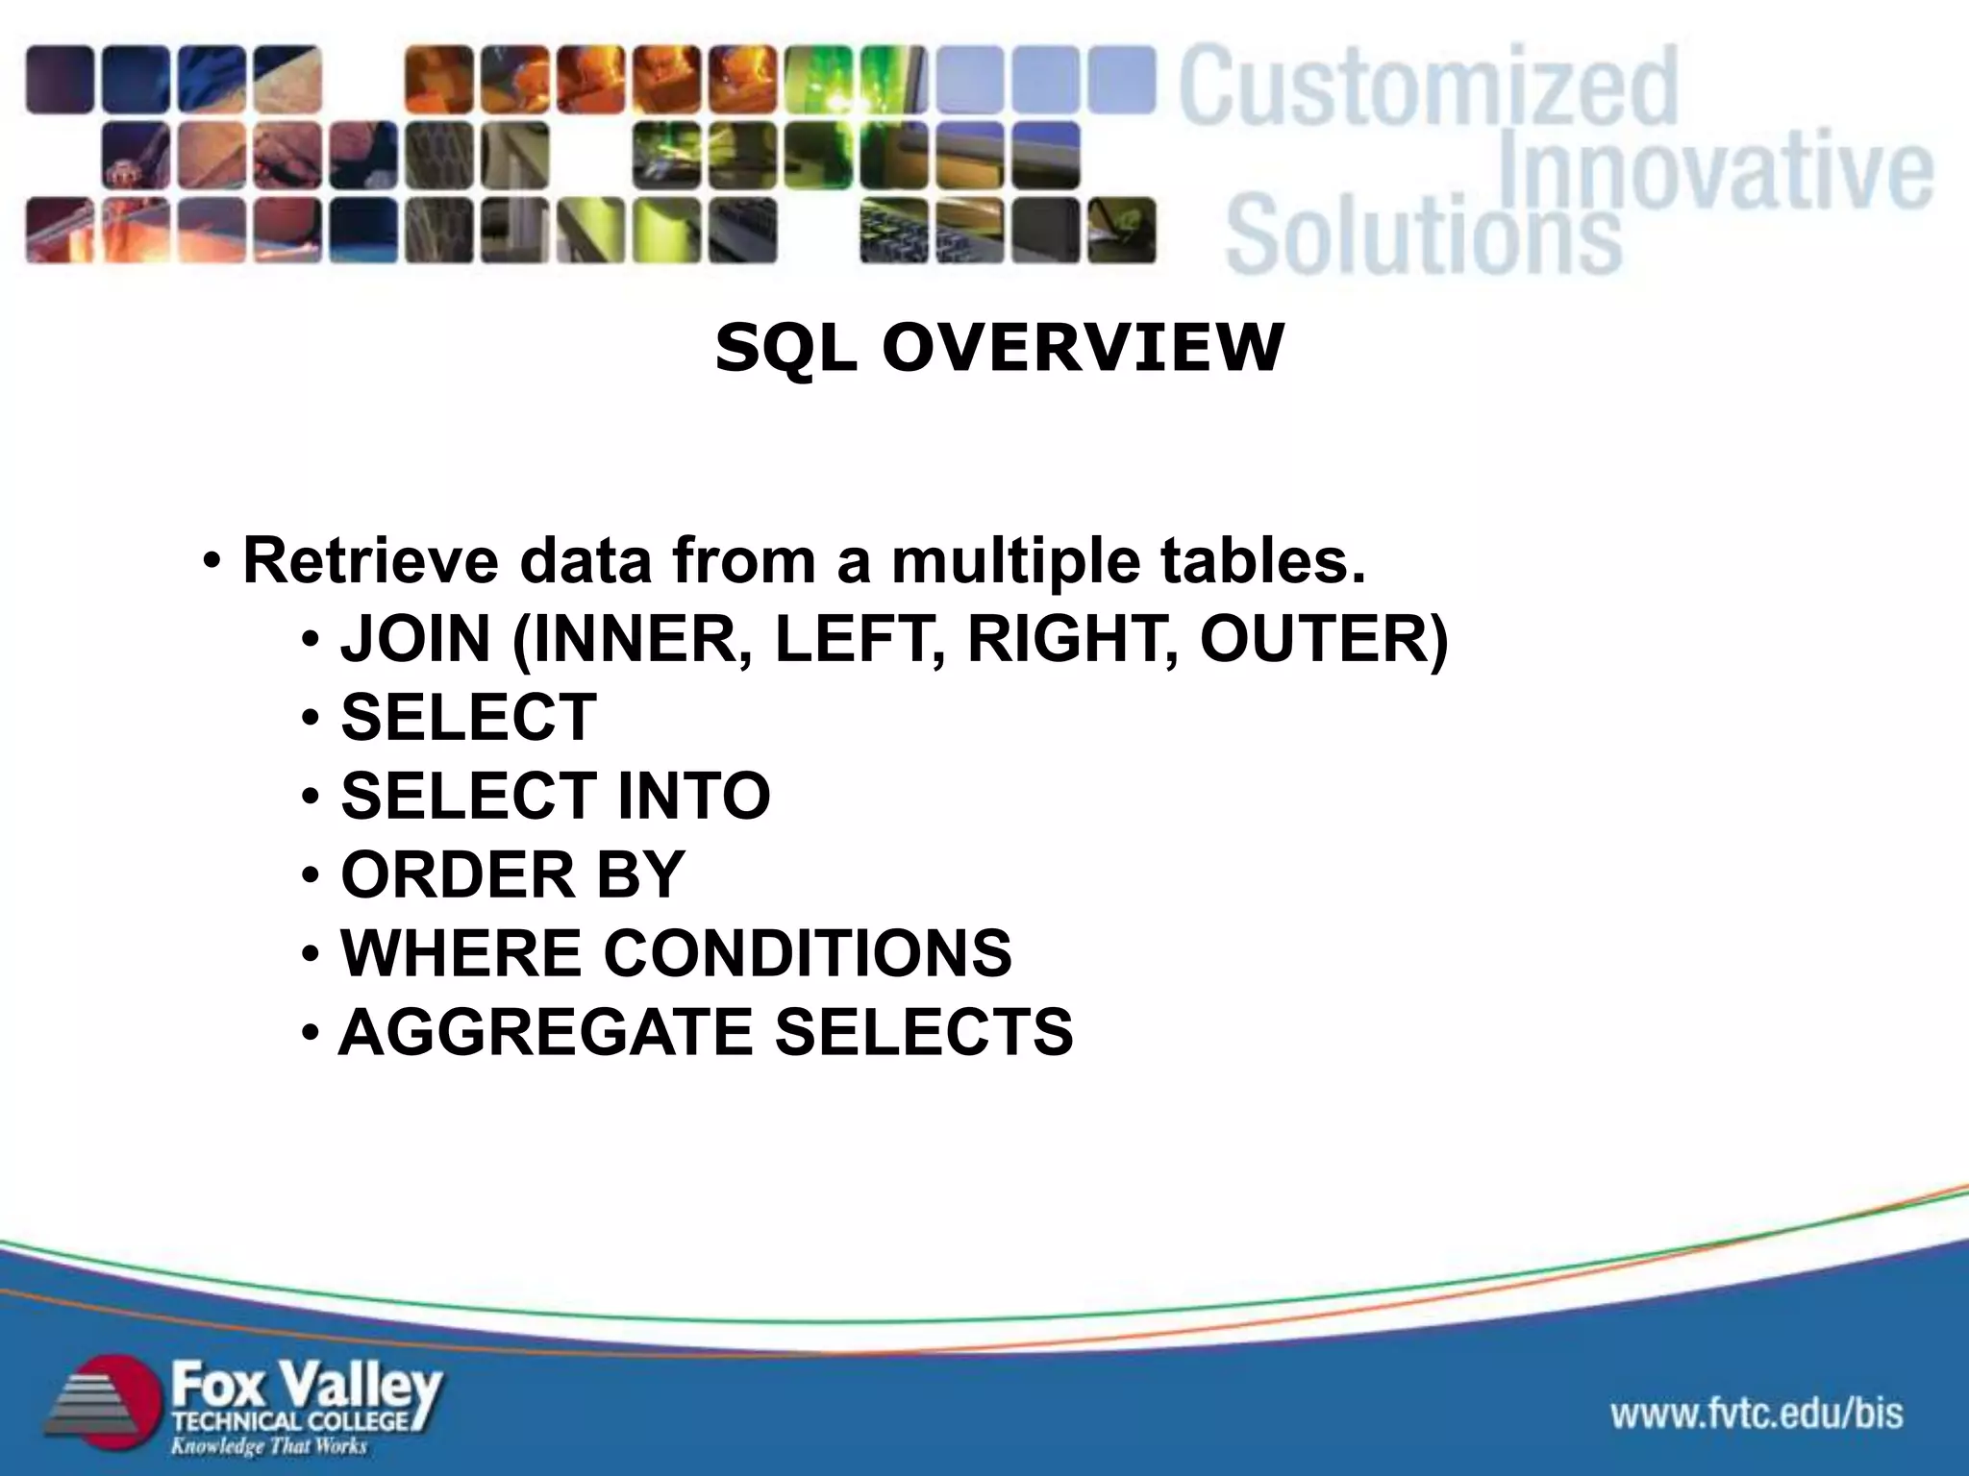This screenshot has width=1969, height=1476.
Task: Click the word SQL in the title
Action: click(785, 348)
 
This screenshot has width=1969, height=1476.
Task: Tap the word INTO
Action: click(693, 796)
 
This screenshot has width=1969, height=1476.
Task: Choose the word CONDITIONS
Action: click(808, 953)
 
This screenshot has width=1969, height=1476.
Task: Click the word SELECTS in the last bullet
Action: click(924, 1032)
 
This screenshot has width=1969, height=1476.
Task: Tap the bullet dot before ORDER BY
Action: click(310, 876)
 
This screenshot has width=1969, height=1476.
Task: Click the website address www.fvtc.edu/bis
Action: click(1757, 1414)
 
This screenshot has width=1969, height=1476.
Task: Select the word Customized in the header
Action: click(1429, 88)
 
